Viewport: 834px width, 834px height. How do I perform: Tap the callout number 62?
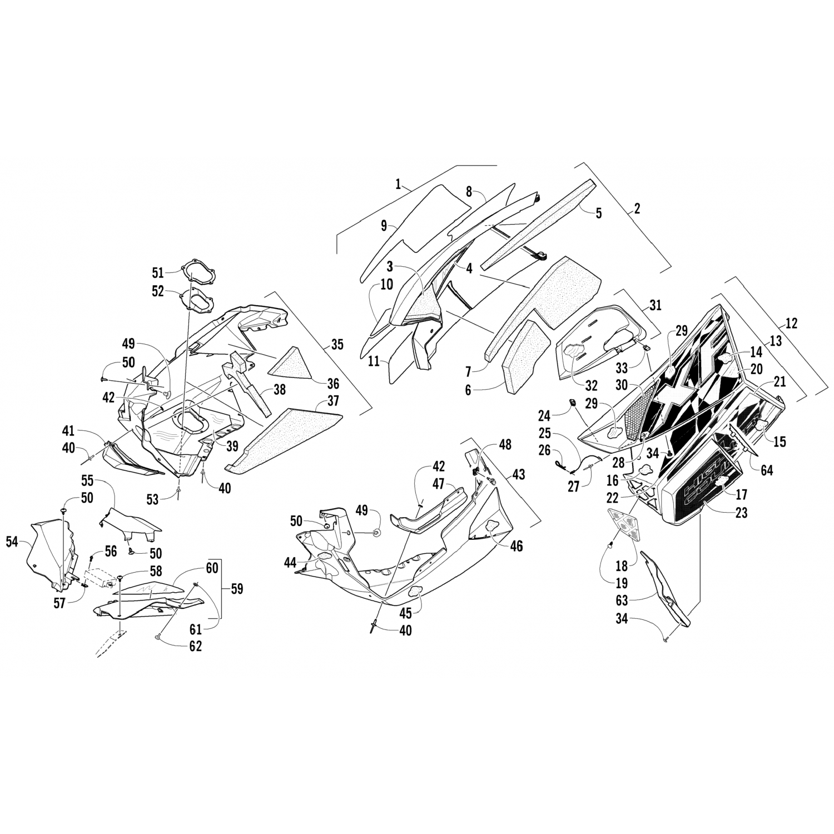coord(195,646)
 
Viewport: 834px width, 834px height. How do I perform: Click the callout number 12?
coord(791,323)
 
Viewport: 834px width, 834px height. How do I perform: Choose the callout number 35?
coord(337,344)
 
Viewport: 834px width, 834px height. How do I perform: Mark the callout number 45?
coord(406,613)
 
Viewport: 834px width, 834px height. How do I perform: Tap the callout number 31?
coord(656,305)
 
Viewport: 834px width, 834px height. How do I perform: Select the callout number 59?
coord(237,589)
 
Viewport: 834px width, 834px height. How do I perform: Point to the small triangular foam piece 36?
coord(291,362)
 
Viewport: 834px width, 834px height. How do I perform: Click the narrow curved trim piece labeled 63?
coord(667,589)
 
